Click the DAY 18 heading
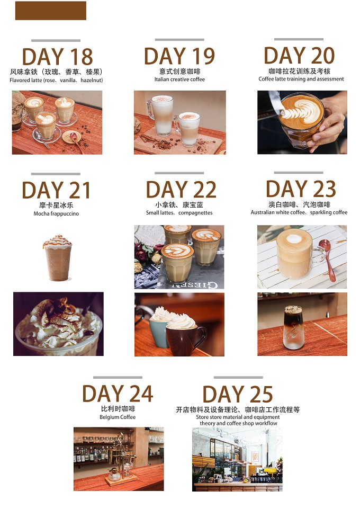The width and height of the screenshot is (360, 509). [57, 57]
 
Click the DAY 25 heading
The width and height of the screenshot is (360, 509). [238, 394]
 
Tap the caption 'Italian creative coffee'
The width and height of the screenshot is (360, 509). [179, 79]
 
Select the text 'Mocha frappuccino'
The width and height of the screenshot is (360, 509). [56, 213]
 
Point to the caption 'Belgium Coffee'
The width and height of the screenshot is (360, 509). [118, 417]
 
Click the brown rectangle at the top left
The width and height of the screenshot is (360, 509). [51, 11]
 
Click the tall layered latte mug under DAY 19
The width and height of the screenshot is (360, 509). [160, 115]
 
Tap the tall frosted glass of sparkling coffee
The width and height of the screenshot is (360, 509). [293, 327]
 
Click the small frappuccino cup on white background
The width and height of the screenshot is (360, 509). [57, 258]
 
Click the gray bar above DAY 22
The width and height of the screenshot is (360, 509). [179, 173]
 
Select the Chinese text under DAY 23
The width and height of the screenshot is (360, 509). [299, 204]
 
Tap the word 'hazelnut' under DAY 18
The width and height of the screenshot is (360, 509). [91, 80]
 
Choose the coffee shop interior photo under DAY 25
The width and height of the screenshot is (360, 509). [237, 459]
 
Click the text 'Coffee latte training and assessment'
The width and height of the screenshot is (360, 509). [301, 79]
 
